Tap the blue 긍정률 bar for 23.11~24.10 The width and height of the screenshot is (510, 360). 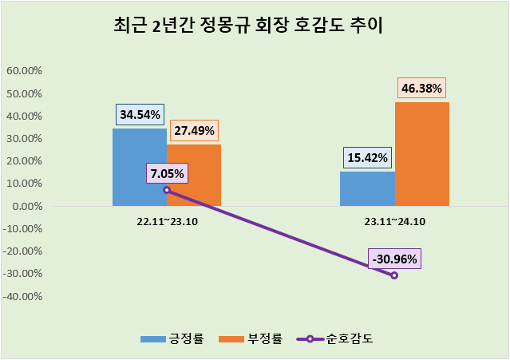point(367,188)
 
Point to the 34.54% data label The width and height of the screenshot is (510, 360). point(140,114)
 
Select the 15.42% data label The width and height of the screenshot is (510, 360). point(367,157)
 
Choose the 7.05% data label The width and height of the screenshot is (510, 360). point(167,173)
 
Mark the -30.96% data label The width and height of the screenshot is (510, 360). point(394,259)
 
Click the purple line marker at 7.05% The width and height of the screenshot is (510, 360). point(167,190)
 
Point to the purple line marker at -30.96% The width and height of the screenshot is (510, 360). point(394,275)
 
